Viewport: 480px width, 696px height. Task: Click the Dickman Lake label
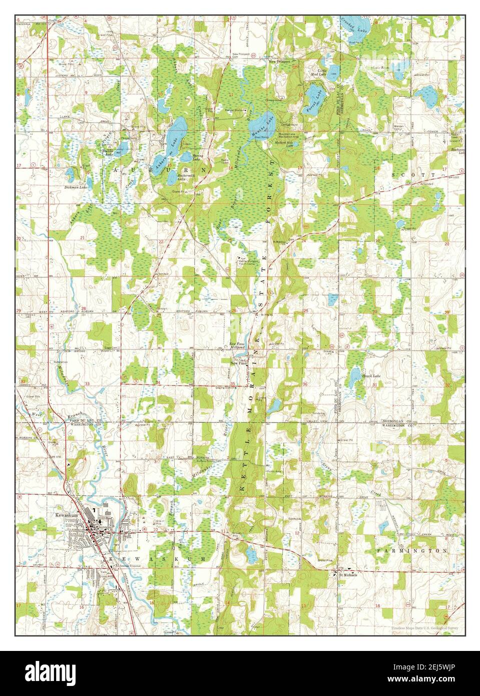(x=76, y=187)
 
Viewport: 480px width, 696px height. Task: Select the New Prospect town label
(x=279, y=62)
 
